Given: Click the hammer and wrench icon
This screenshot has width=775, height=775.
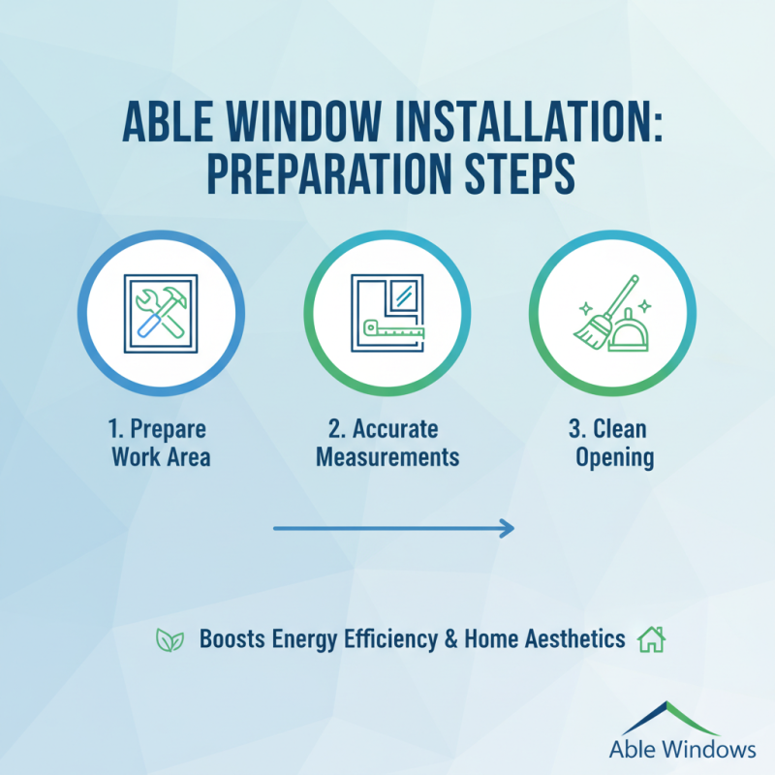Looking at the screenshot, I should (159, 313).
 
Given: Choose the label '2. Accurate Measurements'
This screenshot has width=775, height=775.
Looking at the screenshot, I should (387, 442).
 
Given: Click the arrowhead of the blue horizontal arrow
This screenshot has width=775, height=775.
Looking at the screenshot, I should (506, 528).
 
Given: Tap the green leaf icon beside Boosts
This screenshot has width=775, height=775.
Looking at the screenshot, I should (170, 639).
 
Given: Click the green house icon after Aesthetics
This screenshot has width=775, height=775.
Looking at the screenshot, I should (651, 639).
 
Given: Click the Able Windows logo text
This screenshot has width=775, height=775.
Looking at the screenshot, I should (682, 748).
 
